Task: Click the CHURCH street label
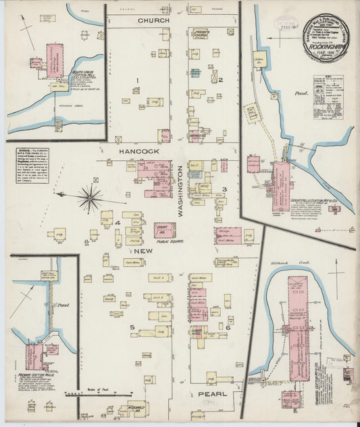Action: (x=153, y=22)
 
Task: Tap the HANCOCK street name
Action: (x=139, y=152)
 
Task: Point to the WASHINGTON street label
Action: (x=180, y=192)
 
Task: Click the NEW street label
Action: (x=145, y=251)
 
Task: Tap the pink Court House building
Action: (x=163, y=230)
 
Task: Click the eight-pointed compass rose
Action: (x=89, y=197)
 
